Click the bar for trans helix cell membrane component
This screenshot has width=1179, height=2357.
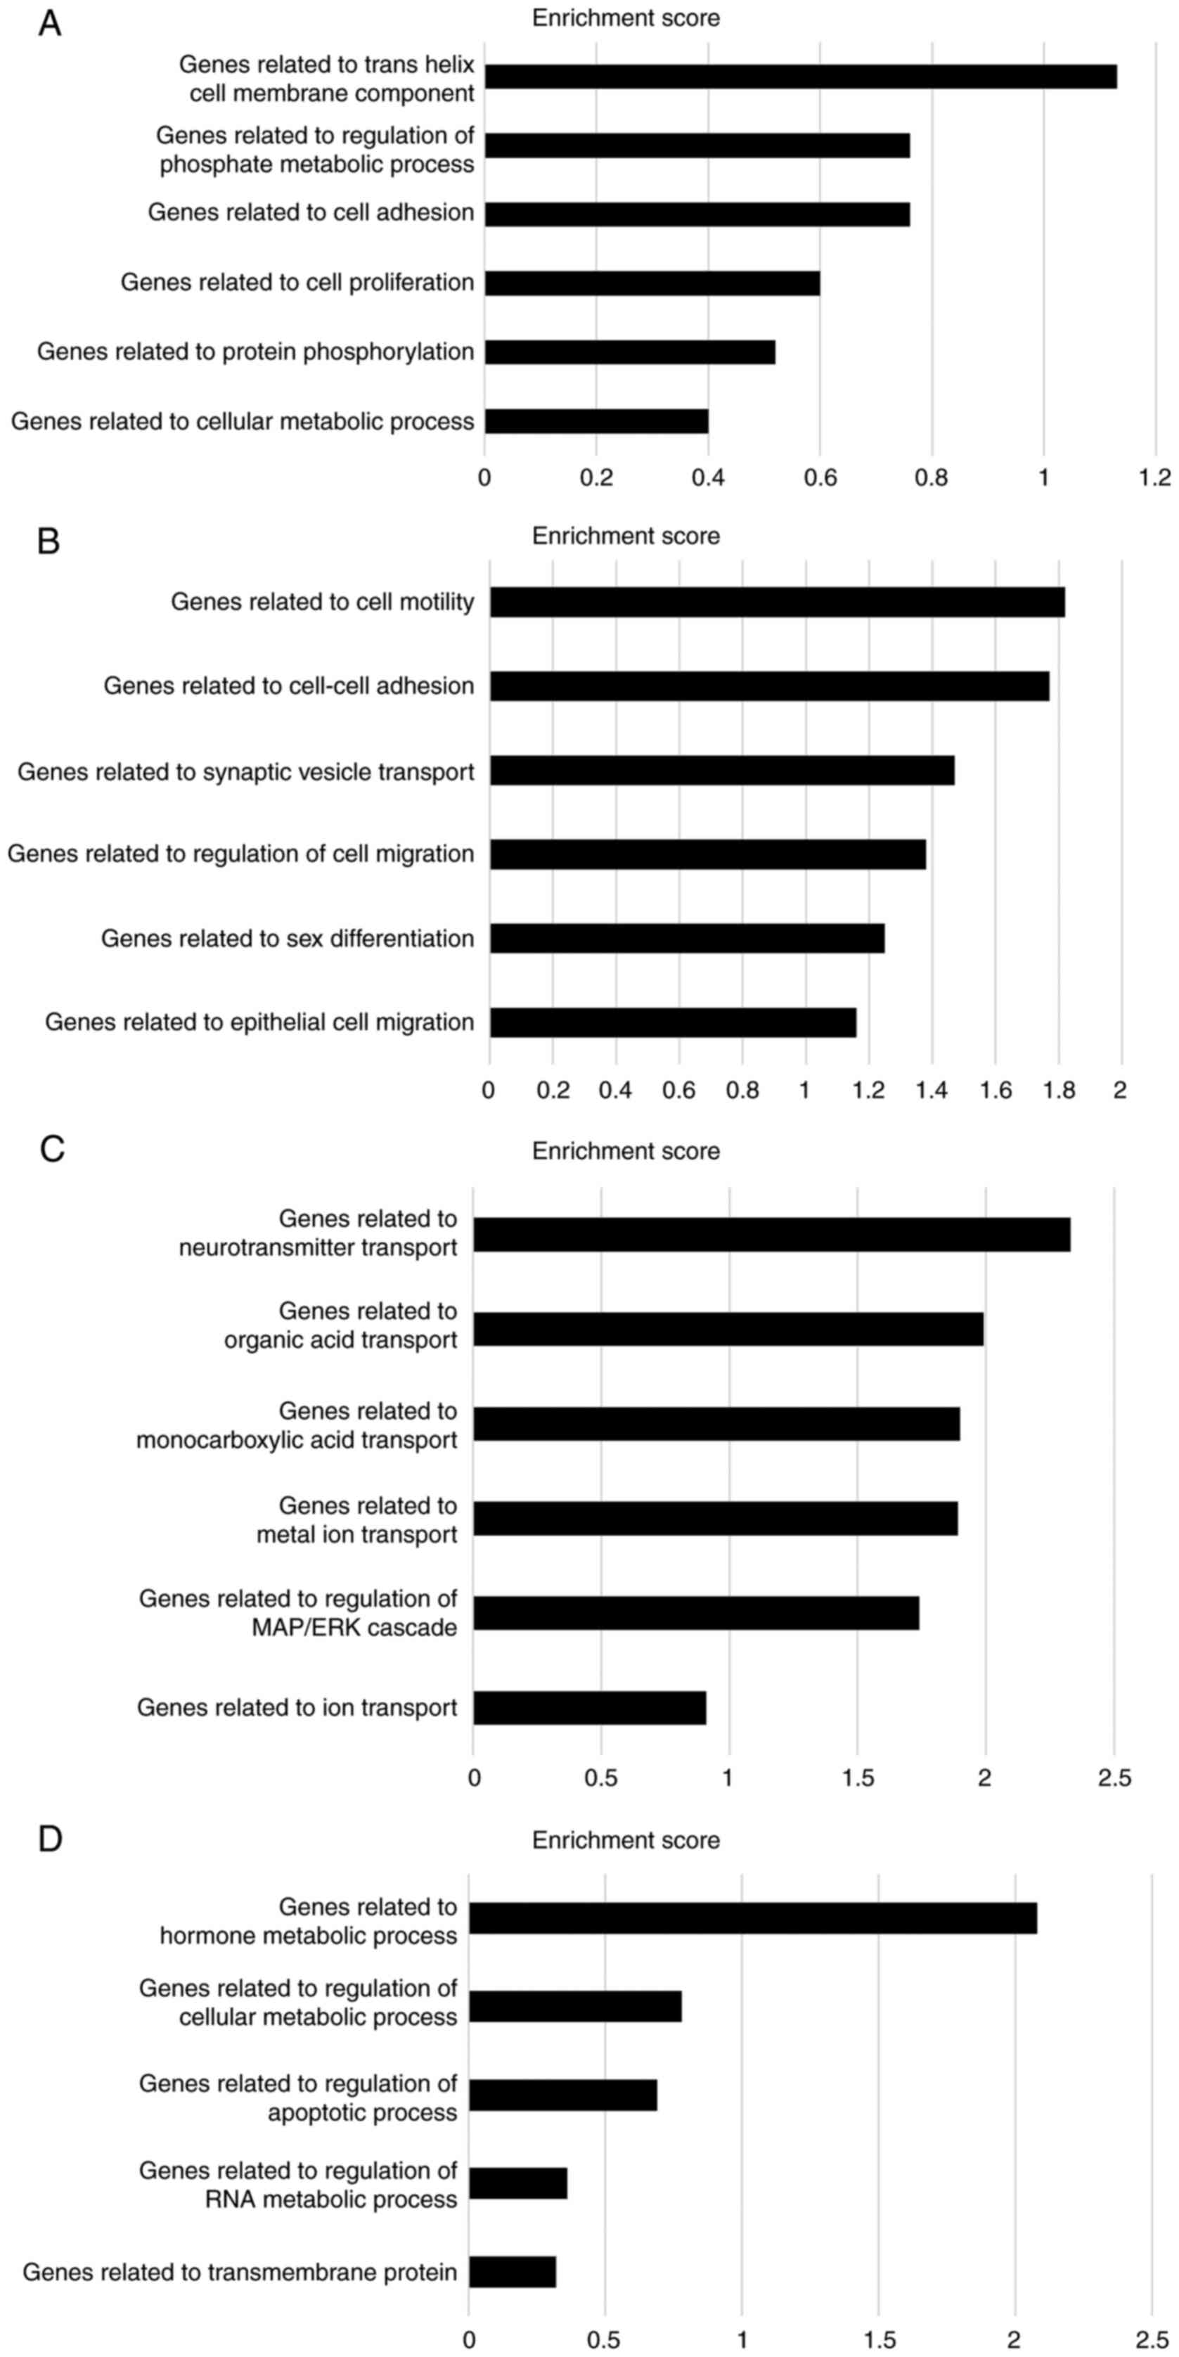(800, 77)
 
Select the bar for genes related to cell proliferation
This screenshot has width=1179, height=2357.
(652, 283)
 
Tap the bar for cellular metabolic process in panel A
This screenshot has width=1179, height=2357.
(596, 421)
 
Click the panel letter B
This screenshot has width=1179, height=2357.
(49, 541)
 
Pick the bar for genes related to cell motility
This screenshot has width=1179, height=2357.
(777, 602)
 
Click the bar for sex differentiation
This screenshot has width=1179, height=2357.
(687, 938)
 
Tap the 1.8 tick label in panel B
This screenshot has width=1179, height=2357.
(1058, 1090)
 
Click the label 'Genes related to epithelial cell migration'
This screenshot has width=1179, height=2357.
(259, 1022)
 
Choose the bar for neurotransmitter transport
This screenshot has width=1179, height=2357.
(771, 1234)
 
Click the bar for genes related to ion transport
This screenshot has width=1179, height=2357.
(589, 1707)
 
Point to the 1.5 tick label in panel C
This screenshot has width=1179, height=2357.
(857, 1778)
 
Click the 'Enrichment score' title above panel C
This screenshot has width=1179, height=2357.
(626, 1151)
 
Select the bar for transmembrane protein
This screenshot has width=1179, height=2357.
(513, 2271)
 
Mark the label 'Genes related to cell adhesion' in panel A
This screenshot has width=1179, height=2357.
(311, 213)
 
